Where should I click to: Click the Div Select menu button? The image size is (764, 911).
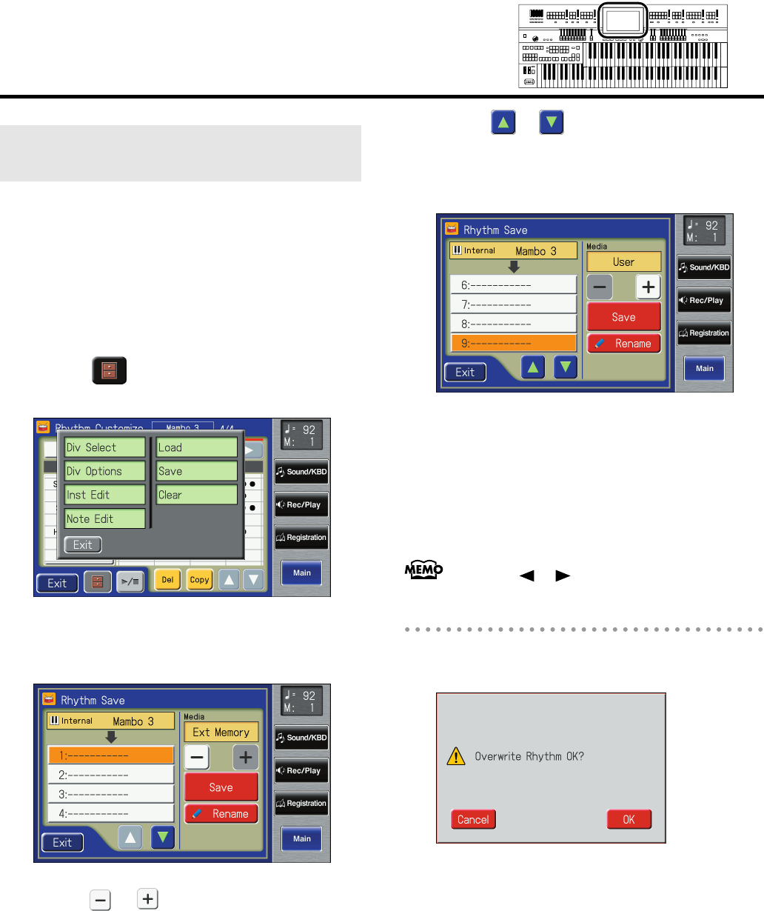point(104,447)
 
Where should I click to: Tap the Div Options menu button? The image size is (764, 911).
point(104,471)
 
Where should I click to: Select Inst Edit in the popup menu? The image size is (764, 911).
point(104,495)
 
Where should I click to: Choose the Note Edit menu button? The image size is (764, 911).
point(104,518)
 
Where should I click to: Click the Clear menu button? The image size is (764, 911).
point(196,495)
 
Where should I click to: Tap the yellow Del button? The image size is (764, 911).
point(167,580)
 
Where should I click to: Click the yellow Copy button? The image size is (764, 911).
point(199,580)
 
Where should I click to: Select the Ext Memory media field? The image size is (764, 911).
point(221,733)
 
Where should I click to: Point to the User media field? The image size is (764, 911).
point(623,262)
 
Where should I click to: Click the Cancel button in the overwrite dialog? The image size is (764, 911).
point(473,819)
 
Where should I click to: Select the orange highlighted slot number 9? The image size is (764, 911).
point(513,343)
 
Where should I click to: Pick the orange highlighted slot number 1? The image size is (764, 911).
point(111,755)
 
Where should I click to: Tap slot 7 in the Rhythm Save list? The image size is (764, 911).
point(513,304)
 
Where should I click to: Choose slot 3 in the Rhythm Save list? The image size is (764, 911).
point(111,794)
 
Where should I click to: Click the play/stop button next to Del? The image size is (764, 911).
point(130,581)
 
